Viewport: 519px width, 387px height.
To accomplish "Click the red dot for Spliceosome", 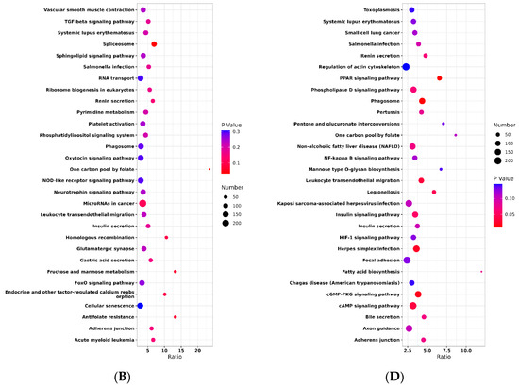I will (154, 44).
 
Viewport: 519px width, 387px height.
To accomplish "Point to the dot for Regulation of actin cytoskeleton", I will (407, 67).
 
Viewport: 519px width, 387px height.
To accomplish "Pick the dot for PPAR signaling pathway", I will (440, 78).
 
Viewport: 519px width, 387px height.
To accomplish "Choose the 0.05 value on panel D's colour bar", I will (508, 214).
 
